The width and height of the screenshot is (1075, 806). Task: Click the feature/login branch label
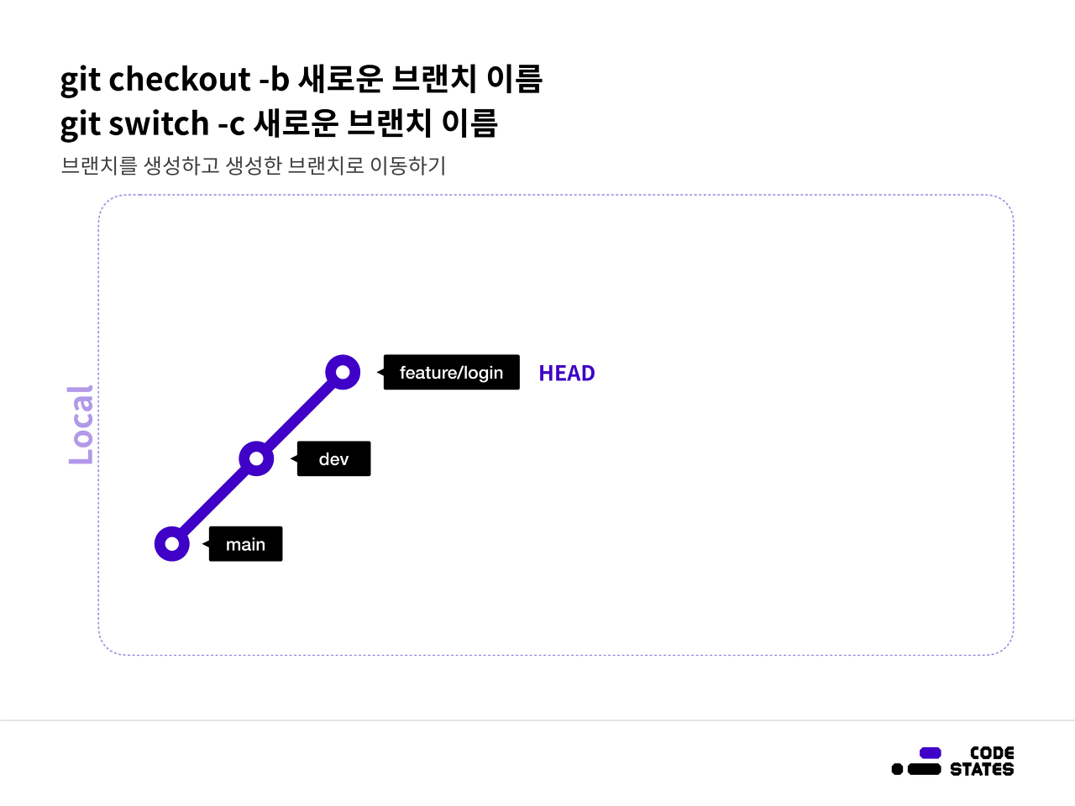451,373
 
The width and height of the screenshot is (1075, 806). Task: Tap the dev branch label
333,459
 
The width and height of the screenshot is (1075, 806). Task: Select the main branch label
245,545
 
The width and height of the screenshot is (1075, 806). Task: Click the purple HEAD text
567,374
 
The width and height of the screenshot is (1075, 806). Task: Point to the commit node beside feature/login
343,372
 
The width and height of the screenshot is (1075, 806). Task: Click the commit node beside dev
256,458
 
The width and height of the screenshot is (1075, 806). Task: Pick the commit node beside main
172,544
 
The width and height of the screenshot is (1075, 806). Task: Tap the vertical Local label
81,425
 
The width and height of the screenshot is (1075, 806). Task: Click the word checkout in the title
180,80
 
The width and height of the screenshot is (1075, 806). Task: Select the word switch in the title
159,124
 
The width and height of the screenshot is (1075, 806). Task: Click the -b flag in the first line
275,80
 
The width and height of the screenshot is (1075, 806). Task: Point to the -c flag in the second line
232,124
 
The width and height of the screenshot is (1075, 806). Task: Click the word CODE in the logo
992,753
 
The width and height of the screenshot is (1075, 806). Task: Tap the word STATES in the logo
982,769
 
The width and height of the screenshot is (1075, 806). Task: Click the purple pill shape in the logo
931,753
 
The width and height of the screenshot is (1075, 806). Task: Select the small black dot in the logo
897,769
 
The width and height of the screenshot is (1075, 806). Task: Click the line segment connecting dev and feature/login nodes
300,416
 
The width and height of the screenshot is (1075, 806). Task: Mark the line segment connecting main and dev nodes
214,501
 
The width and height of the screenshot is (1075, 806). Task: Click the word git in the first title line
80,81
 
